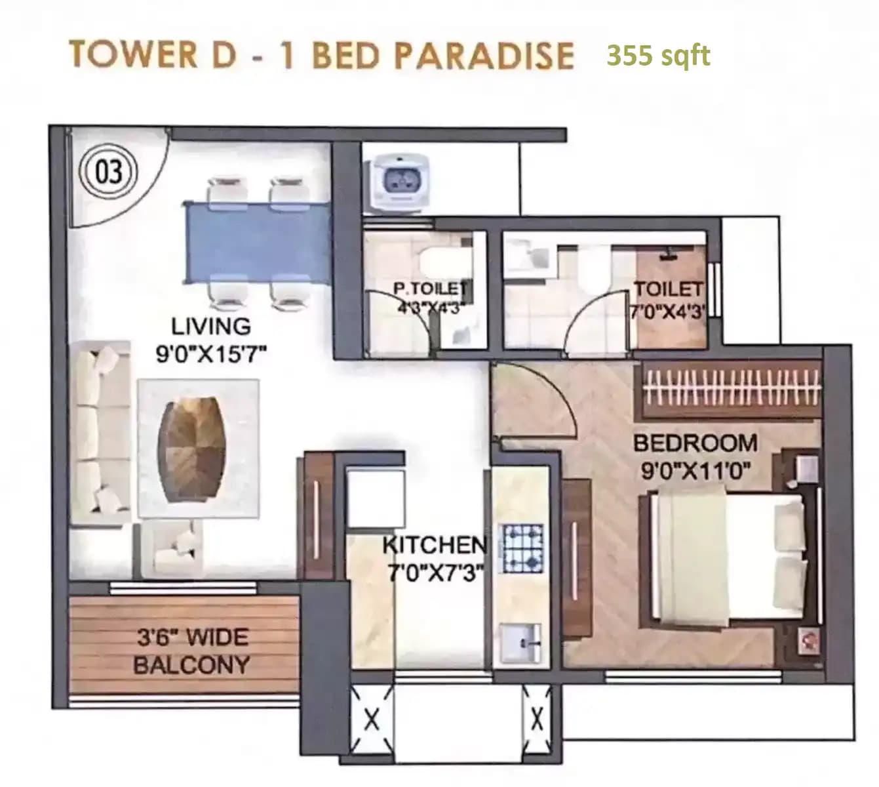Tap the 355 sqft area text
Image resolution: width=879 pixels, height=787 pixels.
[657, 55]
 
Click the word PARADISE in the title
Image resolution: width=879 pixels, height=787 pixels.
[484, 54]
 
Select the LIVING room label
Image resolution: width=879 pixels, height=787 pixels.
[202, 326]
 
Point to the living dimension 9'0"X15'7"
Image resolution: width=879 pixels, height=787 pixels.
[210, 355]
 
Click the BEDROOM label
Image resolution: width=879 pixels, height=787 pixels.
[695, 443]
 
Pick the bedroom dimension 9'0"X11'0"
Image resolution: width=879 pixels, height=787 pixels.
[695, 471]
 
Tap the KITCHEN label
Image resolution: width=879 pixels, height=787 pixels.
[435, 544]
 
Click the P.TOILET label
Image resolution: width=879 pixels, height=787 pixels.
[429, 288]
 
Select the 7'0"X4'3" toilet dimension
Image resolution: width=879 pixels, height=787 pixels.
[667, 310]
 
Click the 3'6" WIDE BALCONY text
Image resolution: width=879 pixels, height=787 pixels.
[191, 651]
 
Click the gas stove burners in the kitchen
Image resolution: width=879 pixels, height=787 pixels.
[522, 547]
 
